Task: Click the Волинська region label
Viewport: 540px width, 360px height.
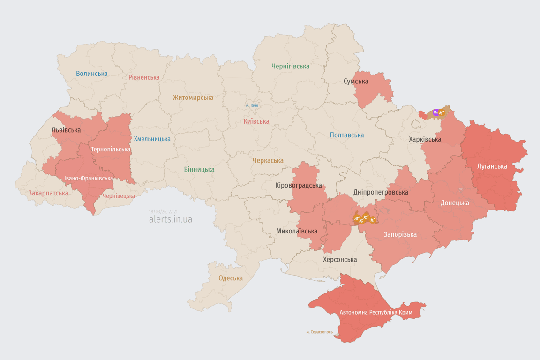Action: [x=92, y=74]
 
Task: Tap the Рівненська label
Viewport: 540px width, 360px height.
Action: [x=144, y=77]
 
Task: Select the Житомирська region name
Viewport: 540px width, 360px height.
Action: [x=193, y=97]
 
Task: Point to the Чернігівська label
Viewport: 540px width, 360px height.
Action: [x=290, y=66]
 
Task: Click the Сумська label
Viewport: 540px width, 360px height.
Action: [x=356, y=81]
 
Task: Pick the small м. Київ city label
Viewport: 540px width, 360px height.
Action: [x=252, y=105]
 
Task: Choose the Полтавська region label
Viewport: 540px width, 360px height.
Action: [x=346, y=135]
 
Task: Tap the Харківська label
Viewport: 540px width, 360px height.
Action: [x=425, y=139]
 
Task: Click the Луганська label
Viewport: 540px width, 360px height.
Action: [x=492, y=166]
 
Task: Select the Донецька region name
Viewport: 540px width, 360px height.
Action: [x=454, y=203]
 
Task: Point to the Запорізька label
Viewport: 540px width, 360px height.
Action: [x=400, y=234]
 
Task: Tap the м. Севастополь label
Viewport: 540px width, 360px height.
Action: [x=319, y=332]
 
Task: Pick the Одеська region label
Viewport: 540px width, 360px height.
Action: [x=231, y=278]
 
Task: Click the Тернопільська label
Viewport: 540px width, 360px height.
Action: [x=111, y=149]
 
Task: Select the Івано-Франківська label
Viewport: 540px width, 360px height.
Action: [x=89, y=178]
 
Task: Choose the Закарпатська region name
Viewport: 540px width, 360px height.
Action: [x=48, y=193]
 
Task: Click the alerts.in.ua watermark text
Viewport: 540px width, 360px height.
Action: [x=170, y=219]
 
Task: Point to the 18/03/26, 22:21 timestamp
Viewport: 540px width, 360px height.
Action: [x=163, y=212]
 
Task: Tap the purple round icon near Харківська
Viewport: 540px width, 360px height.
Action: [x=436, y=112]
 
